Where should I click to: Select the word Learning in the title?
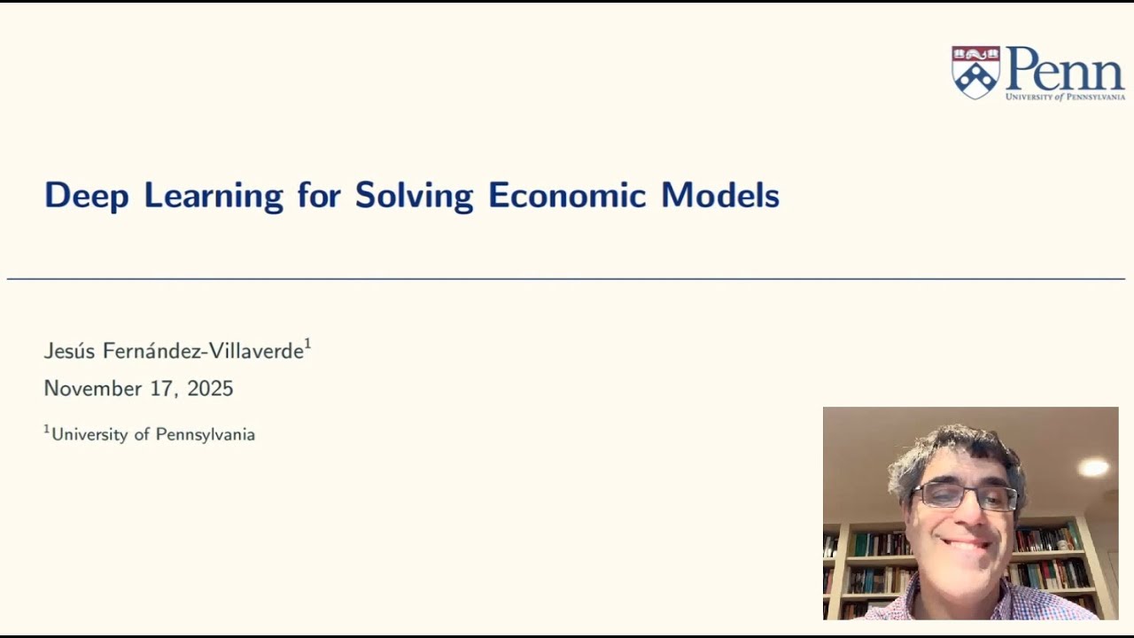[x=214, y=196]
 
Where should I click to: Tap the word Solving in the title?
[x=414, y=196]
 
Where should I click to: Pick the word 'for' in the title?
[x=319, y=196]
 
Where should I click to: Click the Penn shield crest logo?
[x=975, y=72]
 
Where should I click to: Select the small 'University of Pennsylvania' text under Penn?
[x=1065, y=96]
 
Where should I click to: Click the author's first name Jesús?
[x=70, y=351]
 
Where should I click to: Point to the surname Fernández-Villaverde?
[x=203, y=351]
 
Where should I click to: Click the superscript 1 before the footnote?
[x=47, y=430]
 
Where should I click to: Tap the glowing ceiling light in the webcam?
[x=1093, y=467]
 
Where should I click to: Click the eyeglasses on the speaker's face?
[x=966, y=496]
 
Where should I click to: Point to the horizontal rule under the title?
[x=566, y=279]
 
